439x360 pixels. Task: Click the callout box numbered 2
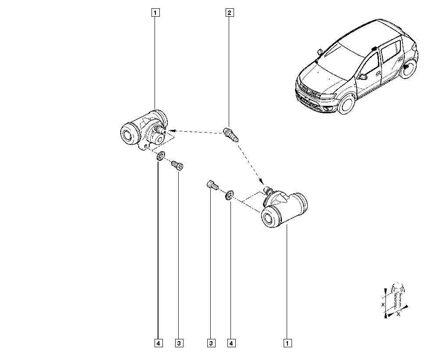[230, 13]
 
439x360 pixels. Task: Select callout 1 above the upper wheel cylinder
[156, 13]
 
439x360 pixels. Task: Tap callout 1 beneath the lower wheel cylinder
[288, 343]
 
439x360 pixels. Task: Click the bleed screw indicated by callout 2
[230, 135]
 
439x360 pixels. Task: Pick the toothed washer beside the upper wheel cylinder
[161, 156]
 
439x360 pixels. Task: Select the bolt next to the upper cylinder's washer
[177, 165]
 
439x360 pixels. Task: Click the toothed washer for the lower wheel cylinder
[229, 195]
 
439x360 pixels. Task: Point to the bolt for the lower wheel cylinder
[212, 186]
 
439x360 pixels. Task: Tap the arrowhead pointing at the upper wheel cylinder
[171, 130]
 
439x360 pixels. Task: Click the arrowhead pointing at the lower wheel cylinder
[261, 180]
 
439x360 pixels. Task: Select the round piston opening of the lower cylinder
[269, 218]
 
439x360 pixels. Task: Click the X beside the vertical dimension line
[383, 305]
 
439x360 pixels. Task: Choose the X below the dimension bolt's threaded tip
[399, 314]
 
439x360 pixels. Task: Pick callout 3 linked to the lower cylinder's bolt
[212, 343]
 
